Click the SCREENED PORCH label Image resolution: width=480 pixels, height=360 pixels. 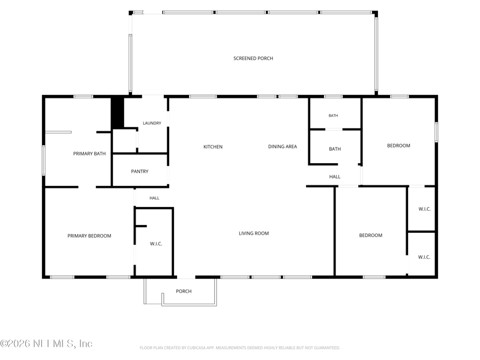(x=253, y=58)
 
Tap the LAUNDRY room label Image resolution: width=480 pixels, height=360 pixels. (x=152, y=123)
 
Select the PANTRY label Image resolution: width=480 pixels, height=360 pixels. (x=140, y=172)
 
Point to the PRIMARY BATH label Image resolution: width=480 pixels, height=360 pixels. (x=89, y=154)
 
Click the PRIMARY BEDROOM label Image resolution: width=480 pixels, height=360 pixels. (x=89, y=236)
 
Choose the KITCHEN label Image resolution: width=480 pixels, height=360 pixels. (x=213, y=147)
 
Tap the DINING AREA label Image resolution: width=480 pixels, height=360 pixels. (x=283, y=146)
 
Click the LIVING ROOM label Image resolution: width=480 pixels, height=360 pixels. (x=254, y=233)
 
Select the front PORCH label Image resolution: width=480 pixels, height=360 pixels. (x=184, y=291)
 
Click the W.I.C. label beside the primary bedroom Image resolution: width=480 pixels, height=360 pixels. (x=156, y=244)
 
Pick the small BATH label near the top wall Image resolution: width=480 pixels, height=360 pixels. (x=334, y=115)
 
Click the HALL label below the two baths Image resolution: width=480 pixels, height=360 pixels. (x=335, y=176)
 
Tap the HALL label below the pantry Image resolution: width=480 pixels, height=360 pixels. (x=154, y=198)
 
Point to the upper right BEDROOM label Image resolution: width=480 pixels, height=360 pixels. (x=398, y=146)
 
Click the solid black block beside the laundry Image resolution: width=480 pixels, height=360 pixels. (x=117, y=112)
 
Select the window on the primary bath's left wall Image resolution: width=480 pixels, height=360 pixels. (x=44, y=160)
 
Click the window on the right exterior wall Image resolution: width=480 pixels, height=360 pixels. (x=436, y=132)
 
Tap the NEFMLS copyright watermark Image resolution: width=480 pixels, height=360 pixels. (x=46, y=343)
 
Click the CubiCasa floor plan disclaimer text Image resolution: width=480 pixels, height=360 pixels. (x=239, y=348)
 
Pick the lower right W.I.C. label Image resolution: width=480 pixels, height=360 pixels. (x=424, y=257)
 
